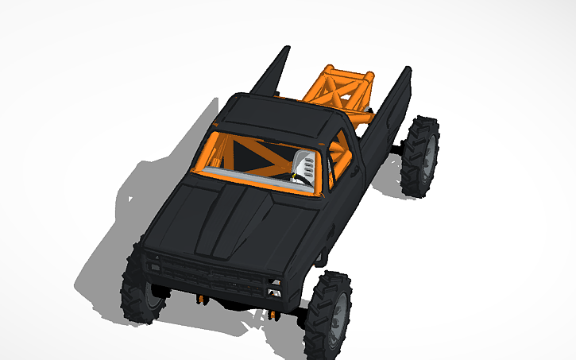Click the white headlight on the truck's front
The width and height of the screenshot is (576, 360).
coord(275,284)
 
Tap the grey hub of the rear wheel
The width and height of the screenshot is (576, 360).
coord(428,155)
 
